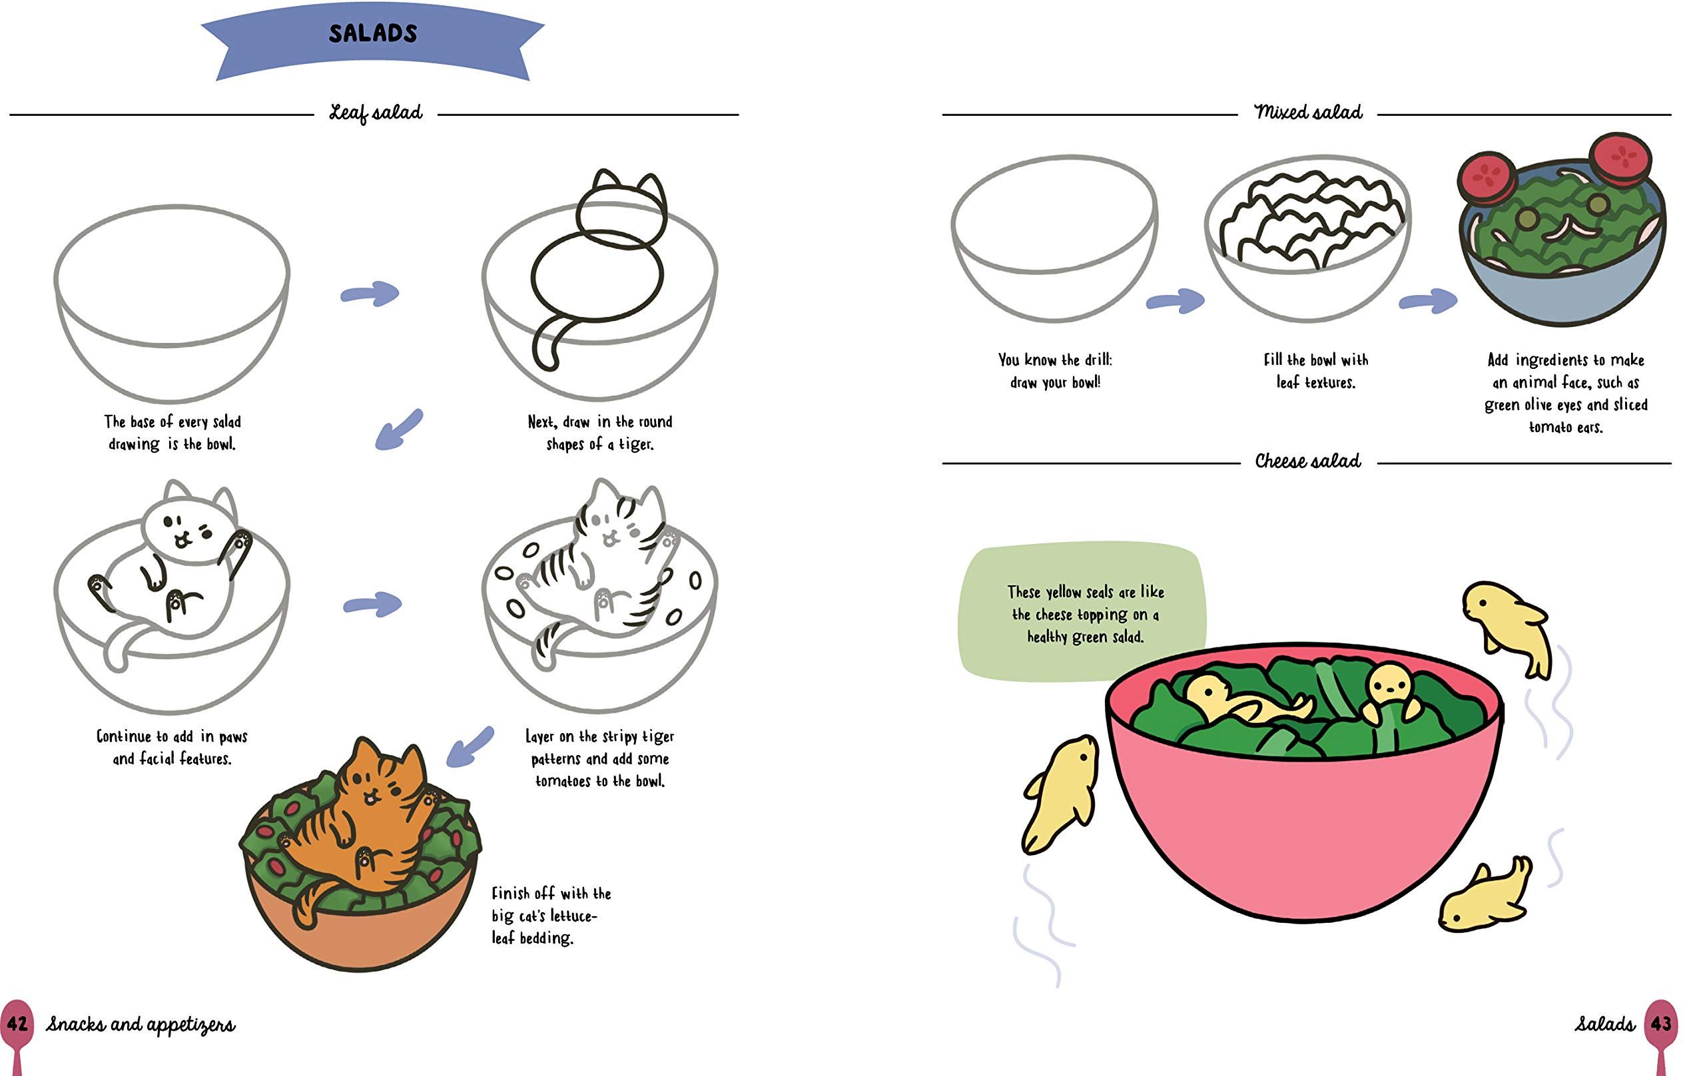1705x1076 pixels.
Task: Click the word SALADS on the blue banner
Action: click(x=373, y=33)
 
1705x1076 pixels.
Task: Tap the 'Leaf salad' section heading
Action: click(x=376, y=113)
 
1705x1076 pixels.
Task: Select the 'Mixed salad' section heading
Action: click(x=1308, y=113)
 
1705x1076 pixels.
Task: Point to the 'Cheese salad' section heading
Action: click(x=1308, y=461)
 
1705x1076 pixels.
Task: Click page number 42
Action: click(x=17, y=1023)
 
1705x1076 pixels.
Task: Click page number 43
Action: click(x=1660, y=1023)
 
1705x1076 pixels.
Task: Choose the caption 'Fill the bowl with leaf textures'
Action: click(x=1315, y=371)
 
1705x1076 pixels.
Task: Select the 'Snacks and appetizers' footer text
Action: click(x=140, y=1025)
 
